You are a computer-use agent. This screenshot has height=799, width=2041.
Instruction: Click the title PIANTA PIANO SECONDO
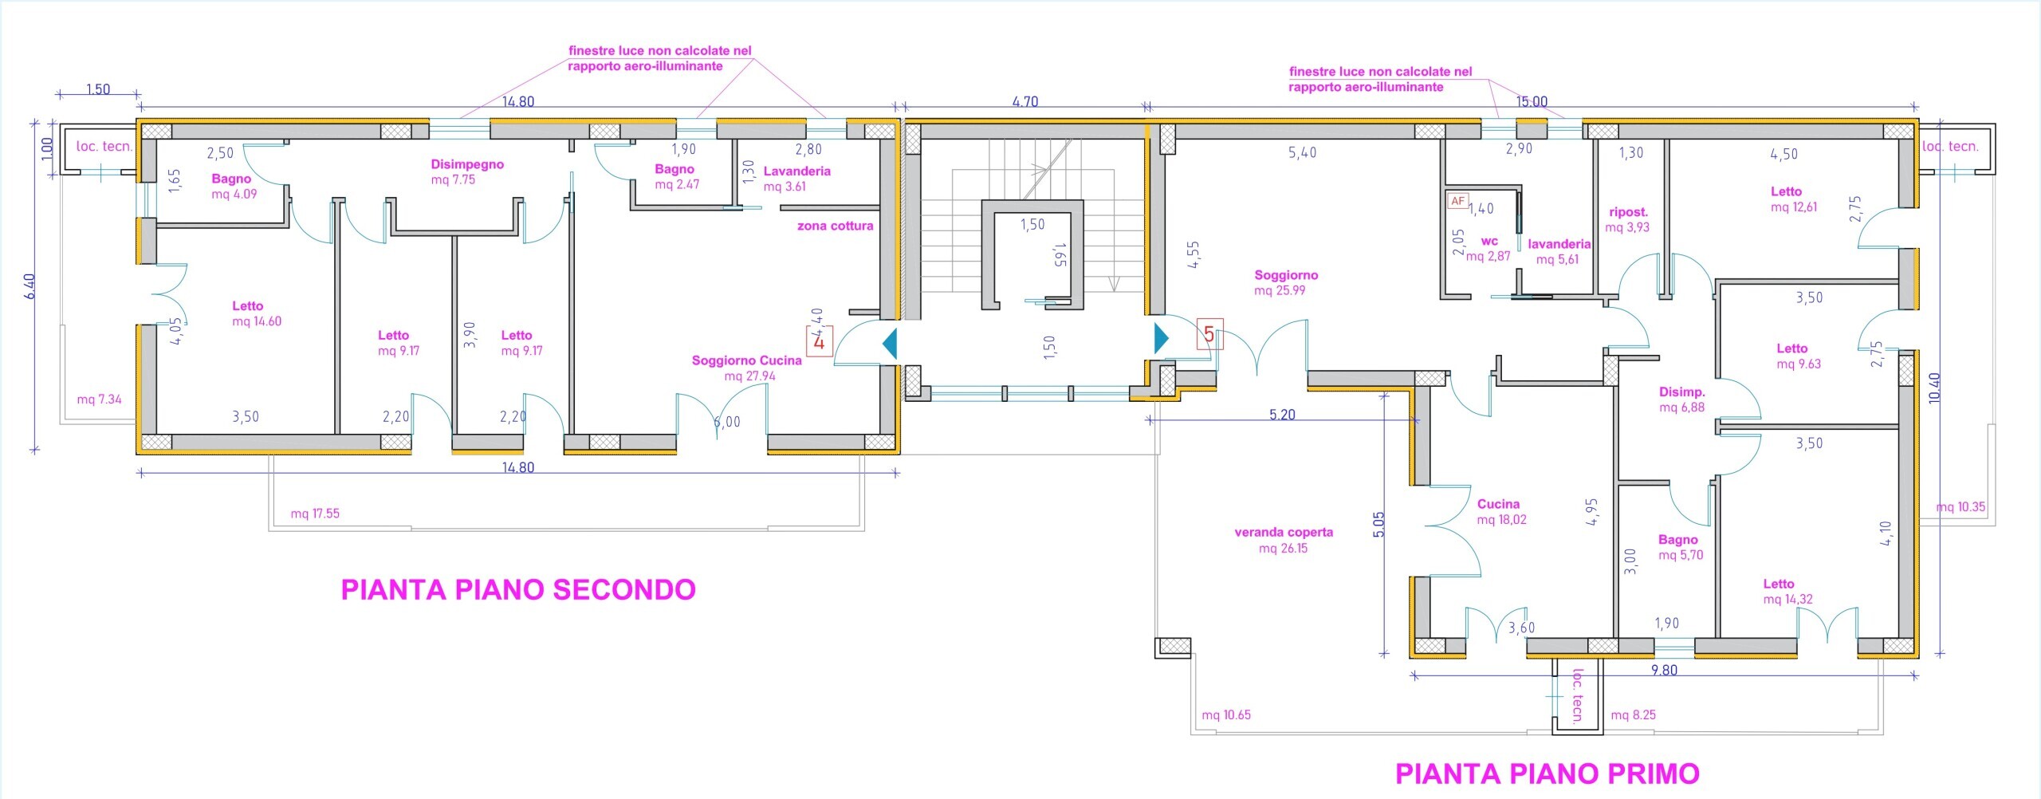point(518,590)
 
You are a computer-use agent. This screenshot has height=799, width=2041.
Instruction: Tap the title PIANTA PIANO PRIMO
point(1547,773)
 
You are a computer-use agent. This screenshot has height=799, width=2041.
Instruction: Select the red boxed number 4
point(819,342)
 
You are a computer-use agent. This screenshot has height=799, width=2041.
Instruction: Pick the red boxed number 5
point(1209,334)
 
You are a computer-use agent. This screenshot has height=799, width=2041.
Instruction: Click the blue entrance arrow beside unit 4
point(890,344)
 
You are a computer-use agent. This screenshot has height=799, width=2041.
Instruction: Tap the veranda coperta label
point(1284,540)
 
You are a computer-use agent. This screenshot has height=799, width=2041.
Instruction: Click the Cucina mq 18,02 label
point(1500,512)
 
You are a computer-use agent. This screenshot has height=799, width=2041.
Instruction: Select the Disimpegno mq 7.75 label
point(466,171)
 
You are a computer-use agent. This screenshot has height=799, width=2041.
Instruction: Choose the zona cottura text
point(835,226)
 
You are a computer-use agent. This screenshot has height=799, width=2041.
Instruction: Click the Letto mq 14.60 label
point(255,313)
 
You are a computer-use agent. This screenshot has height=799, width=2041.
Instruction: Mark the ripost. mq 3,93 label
point(1628,219)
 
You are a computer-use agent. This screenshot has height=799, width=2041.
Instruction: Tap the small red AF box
point(1457,201)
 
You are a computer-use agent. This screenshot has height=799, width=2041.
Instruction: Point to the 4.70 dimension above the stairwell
point(1024,101)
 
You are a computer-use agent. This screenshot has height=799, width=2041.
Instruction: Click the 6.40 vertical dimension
point(29,285)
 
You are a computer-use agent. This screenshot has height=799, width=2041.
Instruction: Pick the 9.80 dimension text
point(1664,670)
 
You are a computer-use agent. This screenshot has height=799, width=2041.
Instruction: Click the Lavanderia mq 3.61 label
point(796,179)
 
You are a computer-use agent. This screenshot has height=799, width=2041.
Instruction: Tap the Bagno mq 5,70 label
point(1680,547)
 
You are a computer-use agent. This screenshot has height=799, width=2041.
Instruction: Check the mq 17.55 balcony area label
point(315,514)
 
